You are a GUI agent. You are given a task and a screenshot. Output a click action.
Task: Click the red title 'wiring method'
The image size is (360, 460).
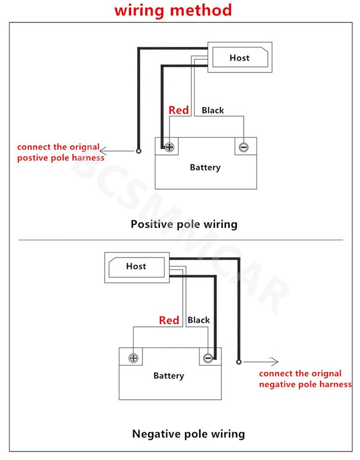(x=173, y=10)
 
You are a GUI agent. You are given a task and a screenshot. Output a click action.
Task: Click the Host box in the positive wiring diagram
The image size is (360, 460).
(x=239, y=57)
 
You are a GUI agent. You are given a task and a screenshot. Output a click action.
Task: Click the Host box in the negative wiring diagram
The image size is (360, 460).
(x=136, y=266)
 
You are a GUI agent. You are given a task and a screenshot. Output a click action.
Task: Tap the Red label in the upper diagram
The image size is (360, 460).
(x=178, y=110)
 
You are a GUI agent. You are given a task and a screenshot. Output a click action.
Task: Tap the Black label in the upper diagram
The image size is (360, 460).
(x=213, y=110)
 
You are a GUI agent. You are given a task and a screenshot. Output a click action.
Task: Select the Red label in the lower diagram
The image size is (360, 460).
(x=169, y=320)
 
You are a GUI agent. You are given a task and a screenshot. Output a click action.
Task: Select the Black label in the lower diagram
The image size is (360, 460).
(x=199, y=320)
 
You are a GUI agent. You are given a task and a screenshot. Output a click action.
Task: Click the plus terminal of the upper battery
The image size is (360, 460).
(x=169, y=148)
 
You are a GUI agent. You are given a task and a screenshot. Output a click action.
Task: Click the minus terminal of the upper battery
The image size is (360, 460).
(x=243, y=148)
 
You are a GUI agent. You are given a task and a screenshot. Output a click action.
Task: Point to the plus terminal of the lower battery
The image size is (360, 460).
(x=134, y=358)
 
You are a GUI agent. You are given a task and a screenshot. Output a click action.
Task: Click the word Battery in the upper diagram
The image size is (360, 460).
(x=205, y=167)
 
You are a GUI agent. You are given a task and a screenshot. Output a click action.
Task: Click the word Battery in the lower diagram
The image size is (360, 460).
(x=169, y=376)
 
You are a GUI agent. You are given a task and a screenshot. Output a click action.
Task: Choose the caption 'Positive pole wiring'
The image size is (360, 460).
(x=184, y=224)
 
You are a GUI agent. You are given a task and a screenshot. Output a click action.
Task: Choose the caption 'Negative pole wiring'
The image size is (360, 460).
(x=189, y=434)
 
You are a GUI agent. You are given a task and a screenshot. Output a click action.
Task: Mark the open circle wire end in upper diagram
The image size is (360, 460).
(x=138, y=151)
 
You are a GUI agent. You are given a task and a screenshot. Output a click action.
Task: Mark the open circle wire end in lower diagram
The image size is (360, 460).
(x=238, y=362)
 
